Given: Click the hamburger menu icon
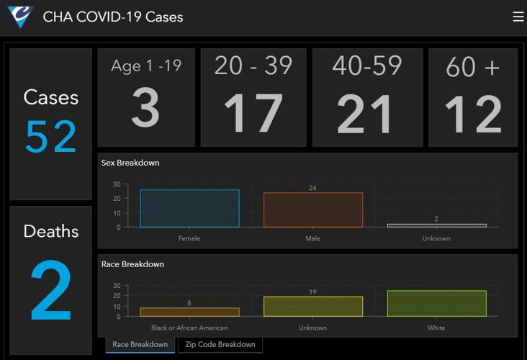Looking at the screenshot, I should click(x=518, y=17).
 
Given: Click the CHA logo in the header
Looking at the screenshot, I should click(x=20, y=17).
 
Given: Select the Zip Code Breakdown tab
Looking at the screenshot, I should click(x=220, y=344).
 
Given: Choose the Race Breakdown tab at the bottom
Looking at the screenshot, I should click(x=140, y=344).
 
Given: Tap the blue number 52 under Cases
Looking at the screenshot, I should click(x=50, y=137).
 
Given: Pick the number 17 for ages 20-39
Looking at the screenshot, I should click(x=253, y=114).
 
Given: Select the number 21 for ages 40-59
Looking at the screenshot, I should click(x=365, y=114).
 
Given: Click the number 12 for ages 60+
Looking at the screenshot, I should click(x=472, y=114).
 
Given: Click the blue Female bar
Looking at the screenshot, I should click(x=189, y=209).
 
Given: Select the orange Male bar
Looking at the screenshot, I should click(x=313, y=210).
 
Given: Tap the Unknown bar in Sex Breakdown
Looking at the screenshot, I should click(x=436, y=225).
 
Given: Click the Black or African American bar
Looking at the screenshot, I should click(x=189, y=312).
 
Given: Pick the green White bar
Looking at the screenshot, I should click(x=436, y=304).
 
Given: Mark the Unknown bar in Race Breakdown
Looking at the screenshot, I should click(x=313, y=307).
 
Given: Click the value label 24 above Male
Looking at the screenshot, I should click(x=313, y=188).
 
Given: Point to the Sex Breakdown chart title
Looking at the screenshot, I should click(x=130, y=163).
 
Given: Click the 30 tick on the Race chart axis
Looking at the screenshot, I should click(x=117, y=285).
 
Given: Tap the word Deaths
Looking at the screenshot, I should click(x=50, y=231).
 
